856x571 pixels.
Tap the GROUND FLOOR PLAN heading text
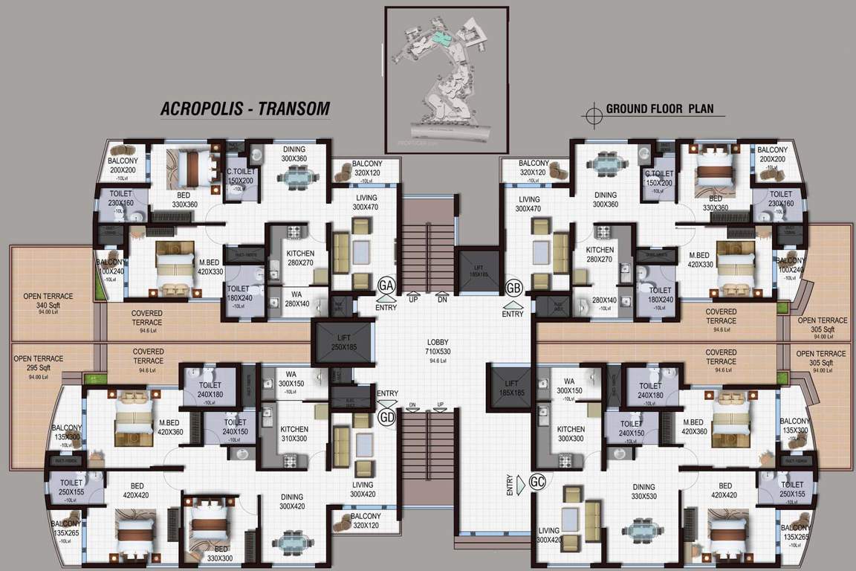click(x=660, y=109)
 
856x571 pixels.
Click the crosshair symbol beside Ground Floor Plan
click(x=593, y=114)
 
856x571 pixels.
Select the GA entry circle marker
click(x=386, y=285)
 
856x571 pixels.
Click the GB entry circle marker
click(x=513, y=287)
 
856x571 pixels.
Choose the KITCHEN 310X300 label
click(x=294, y=434)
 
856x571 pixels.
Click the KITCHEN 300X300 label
click(x=571, y=434)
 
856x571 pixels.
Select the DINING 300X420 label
click(x=294, y=503)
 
